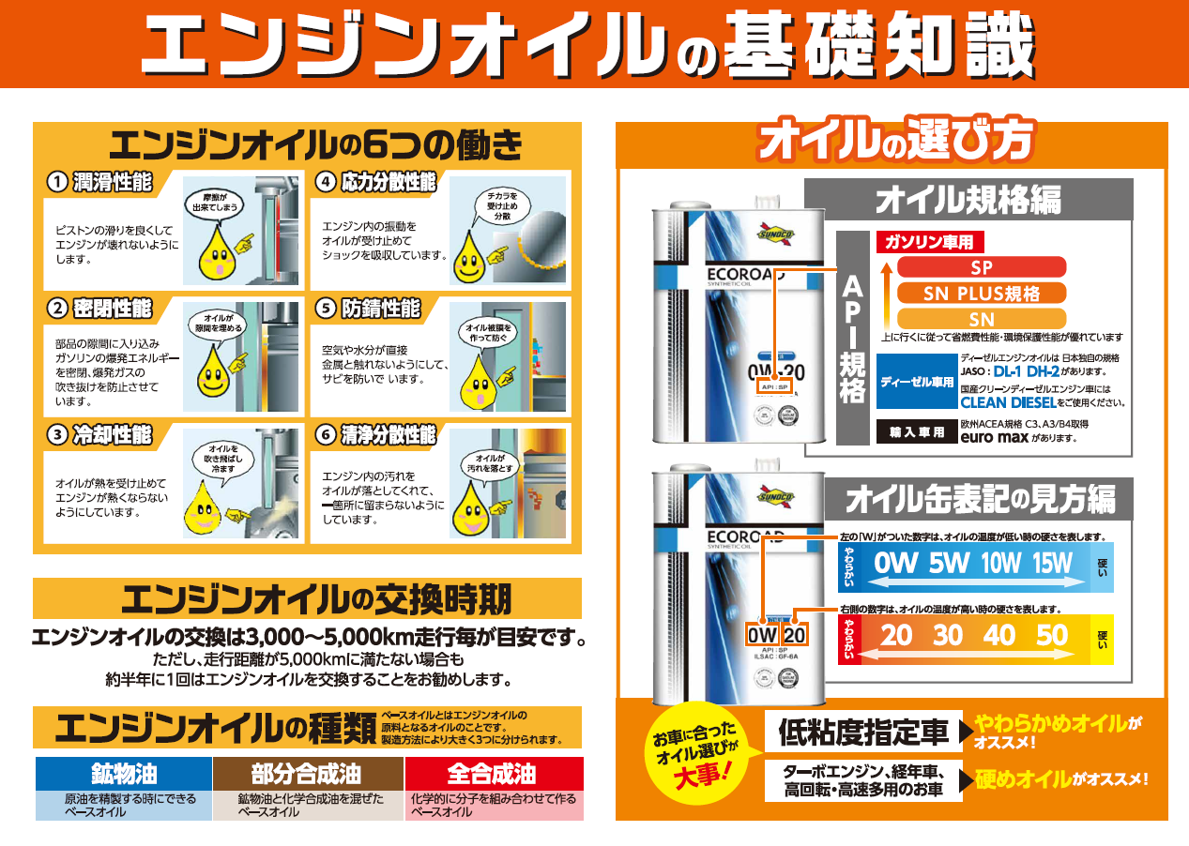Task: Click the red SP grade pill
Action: coord(981,267)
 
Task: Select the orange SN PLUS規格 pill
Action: coord(981,293)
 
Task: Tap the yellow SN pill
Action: coord(981,319)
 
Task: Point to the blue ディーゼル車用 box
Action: coord(917,383)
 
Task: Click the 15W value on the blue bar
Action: coord(1052,564)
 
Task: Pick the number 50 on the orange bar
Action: coord(1052,636)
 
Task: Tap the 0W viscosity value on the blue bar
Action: coord(894,564)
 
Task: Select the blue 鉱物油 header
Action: coord(124,774)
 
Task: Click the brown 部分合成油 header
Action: coord(306,774)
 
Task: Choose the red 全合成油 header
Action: coord(492,774)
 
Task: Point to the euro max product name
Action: coord(993,437)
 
